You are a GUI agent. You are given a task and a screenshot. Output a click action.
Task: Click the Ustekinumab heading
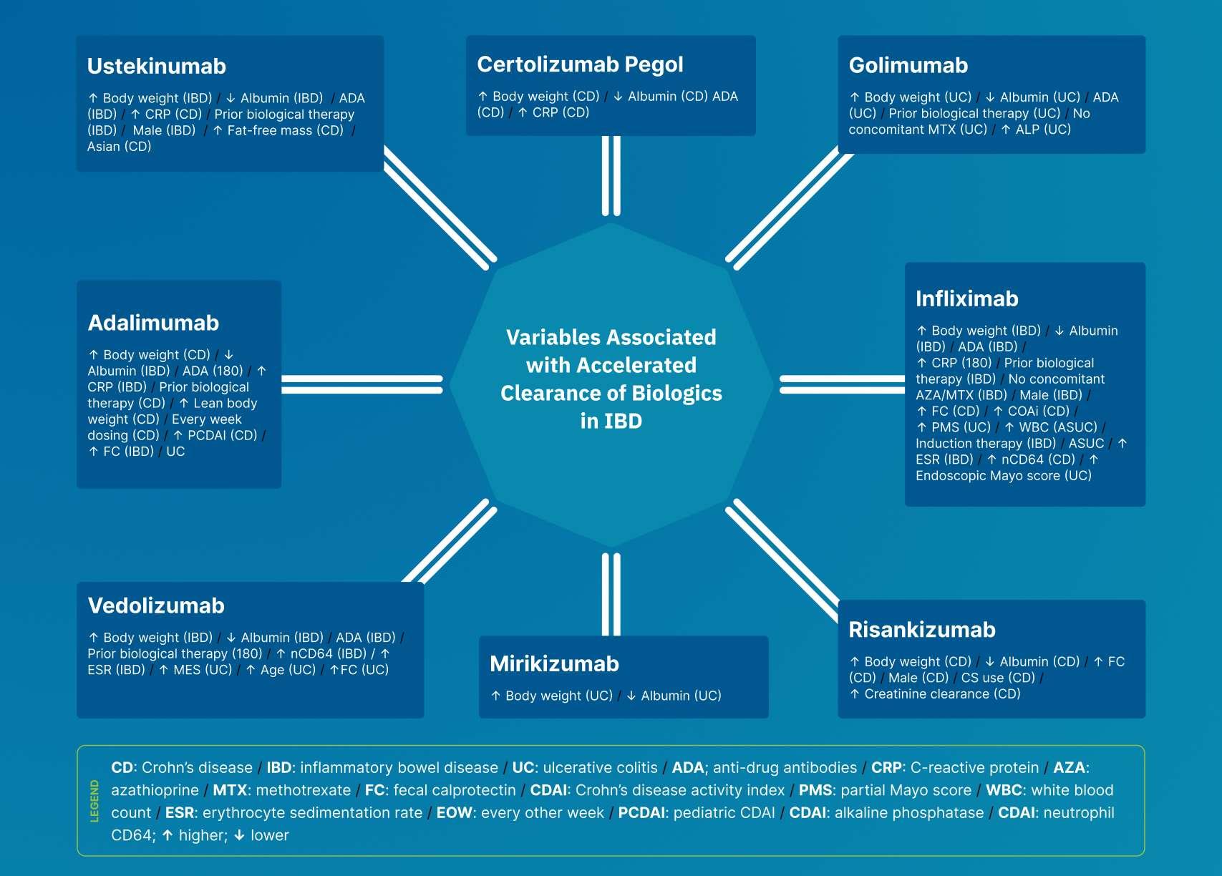point(157,66)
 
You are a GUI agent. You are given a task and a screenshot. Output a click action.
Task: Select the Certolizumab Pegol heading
point(580,64)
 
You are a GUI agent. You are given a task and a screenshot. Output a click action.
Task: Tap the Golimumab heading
point(908,65)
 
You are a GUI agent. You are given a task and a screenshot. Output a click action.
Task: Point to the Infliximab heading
point(966,298)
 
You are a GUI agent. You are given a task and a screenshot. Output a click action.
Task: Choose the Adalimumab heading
point(153,322)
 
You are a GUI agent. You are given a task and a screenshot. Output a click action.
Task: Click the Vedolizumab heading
point(156,605)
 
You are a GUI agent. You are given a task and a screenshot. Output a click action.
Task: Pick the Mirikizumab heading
point(554,663)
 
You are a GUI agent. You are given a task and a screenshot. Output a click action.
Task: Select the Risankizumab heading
point(922,630)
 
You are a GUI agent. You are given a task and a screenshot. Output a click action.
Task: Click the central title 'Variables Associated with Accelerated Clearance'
point(611,379)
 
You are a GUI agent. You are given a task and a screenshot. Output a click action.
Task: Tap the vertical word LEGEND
point(94,801)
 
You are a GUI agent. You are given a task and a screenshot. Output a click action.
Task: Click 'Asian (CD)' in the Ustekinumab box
point(120,146)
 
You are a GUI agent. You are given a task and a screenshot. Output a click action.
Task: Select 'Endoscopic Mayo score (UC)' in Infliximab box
point(1004,476)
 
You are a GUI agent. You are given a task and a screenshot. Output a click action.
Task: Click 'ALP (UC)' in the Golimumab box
point(1043,130)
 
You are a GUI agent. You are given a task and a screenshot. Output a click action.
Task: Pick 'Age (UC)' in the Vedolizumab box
point(288,670)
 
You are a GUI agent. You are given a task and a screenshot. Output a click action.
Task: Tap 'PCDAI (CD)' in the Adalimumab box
point(222,435)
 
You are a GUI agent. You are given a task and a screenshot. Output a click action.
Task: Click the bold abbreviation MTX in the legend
point(231,790)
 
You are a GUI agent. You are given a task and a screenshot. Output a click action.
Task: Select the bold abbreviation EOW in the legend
point(454,813)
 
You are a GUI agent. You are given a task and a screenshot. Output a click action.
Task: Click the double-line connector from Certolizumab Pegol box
point(611,175)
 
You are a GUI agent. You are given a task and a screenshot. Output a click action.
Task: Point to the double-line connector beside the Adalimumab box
point(362,384)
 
